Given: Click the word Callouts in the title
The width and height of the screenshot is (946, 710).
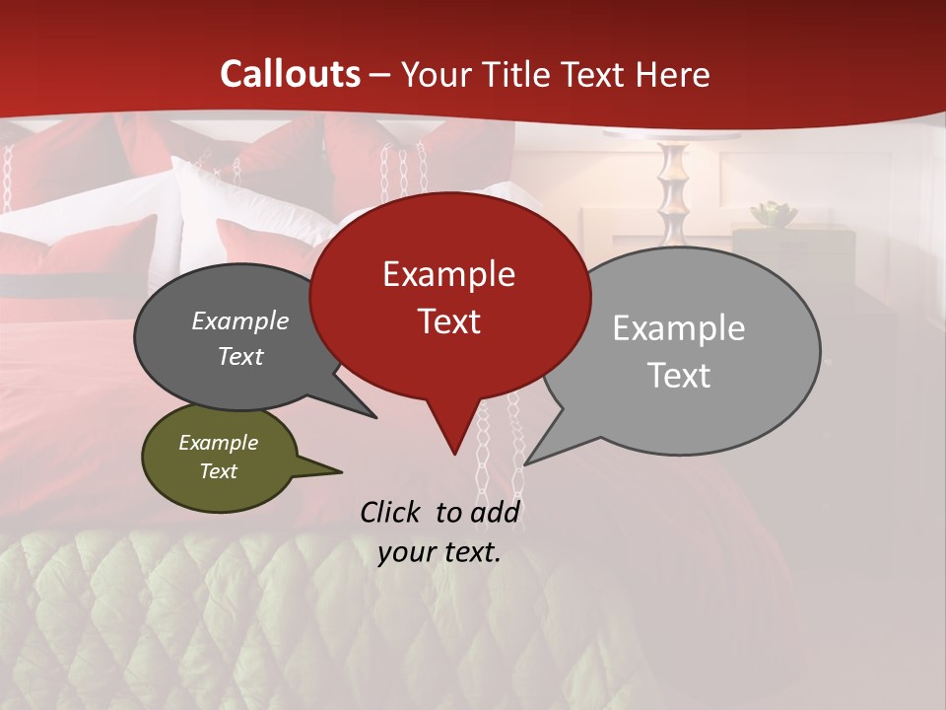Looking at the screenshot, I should (x=290, y=74).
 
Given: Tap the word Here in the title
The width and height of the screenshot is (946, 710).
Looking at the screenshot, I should (x=673, y=74).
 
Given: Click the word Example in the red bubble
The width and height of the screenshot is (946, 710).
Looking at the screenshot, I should (x=448, y=274).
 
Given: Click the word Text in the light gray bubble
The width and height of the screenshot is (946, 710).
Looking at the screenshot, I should (x=679, y=376).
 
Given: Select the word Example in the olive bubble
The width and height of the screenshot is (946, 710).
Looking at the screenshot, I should (x=218, y=443).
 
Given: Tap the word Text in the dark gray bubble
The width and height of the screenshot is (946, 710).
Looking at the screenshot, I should (x=239, y=356).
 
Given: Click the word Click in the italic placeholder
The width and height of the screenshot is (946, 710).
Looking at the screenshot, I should (x=393, y=512).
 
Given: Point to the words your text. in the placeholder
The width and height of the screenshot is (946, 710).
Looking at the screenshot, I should (x=439, y=552).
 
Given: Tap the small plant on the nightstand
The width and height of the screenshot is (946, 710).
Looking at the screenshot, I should (x=773, y=213).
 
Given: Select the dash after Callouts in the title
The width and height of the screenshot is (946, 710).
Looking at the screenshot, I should (x=380, y=75).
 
